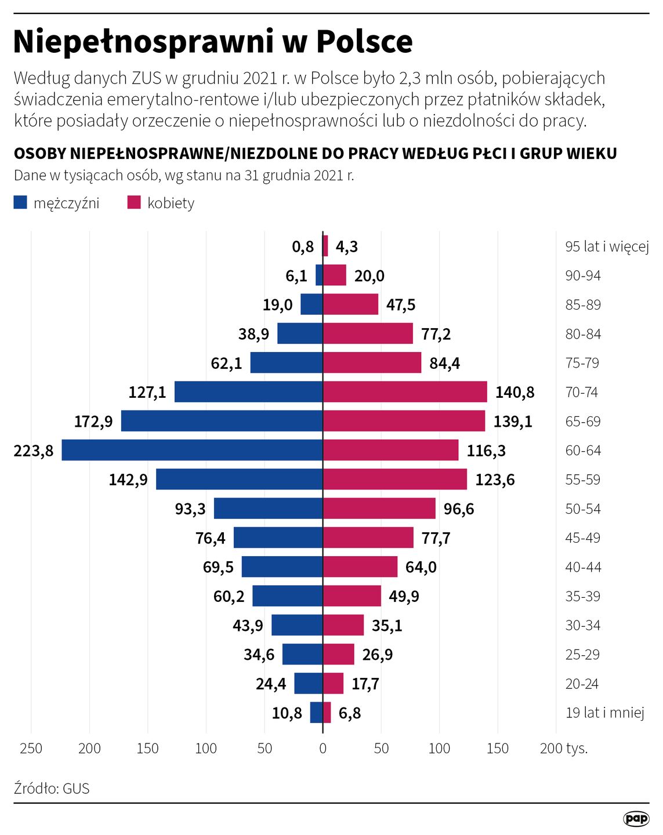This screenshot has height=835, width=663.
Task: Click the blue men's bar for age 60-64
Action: (x=192, y=450)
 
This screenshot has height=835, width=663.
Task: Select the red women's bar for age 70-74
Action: (x=405, y=392)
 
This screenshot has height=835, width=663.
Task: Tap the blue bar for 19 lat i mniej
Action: (x=316, y=713)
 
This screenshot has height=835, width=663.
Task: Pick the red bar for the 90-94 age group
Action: (x=335, y=275)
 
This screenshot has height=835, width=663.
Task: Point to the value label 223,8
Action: (x=34, y=451)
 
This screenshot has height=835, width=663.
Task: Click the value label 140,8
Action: (x=515, y=393)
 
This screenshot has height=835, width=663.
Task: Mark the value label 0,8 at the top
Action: (x=303, y=247)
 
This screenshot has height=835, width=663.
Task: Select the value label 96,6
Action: (x=458, y=509)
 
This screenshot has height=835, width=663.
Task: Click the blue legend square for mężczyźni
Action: (x=20, y=202)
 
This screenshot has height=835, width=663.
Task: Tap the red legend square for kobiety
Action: (x=134, y=202)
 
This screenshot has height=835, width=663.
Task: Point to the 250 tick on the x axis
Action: (x=31, y=749)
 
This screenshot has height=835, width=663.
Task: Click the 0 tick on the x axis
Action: (x=323, y=749)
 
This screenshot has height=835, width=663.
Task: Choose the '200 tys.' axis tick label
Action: (x=563, y=749)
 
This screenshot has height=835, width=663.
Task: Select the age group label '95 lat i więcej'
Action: (x=607, y=246)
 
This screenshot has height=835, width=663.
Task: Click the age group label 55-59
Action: (x=583, y=480)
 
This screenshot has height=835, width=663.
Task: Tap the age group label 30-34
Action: (x=583, y=625)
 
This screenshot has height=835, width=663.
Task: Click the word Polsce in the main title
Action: (x=364, y=42)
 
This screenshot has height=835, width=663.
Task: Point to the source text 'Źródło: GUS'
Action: (x=52, y=789)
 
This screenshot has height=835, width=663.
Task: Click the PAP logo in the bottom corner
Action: (x=636, y=818)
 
